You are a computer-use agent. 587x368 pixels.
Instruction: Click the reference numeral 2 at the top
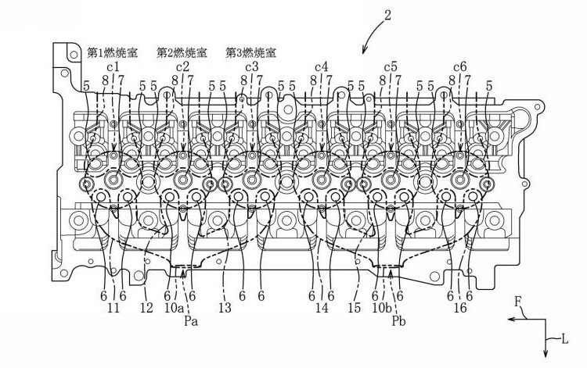point(387,15)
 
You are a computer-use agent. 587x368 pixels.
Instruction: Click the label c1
point(113,67)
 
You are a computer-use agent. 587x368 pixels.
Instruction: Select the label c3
point(252,67)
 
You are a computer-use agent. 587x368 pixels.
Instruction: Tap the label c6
point(460,67)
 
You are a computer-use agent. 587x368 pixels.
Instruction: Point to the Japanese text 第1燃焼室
point(112,52)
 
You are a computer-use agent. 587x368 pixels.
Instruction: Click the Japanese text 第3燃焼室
point(250,52)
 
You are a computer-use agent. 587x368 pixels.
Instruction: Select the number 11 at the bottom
point(113,308)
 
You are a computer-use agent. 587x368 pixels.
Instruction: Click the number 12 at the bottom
point(147,308)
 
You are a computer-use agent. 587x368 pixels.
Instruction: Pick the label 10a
point(175,308)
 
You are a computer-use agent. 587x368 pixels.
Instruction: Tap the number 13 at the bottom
point(225,308)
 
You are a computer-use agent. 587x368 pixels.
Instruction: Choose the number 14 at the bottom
point(322,308)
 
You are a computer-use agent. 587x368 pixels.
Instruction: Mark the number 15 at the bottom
point(354,308)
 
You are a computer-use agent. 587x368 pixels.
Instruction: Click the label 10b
point(382,308)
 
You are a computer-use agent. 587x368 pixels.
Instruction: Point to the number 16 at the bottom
point(460,308)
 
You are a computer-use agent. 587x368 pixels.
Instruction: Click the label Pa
point(191,321)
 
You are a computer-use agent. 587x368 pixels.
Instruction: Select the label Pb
point(398,321)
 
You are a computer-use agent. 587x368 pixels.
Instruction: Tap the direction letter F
point(518,302)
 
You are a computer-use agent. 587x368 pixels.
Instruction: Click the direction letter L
point(565,340)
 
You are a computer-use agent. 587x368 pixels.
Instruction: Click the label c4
point(321,67)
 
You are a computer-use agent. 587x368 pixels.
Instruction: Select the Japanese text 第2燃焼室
point(182,52)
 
